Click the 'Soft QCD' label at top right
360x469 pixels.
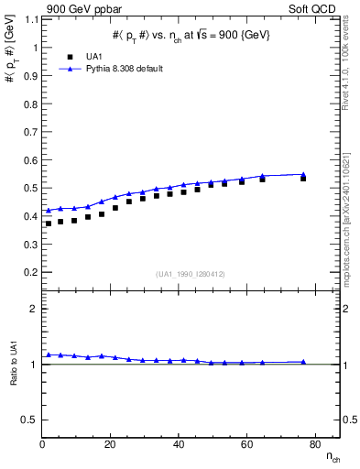(x=312, y=9)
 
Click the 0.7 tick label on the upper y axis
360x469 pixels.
(x=31, y=132)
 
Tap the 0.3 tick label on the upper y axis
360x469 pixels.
(x=31, y=245)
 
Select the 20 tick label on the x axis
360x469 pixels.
(x=111, y=444)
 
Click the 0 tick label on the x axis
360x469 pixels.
(x=43, y=444)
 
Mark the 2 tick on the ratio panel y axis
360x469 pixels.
(x=34, y=309)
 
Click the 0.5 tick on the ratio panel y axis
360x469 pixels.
(x=31, y=420)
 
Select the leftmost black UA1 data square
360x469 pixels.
(x=49, y=224)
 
